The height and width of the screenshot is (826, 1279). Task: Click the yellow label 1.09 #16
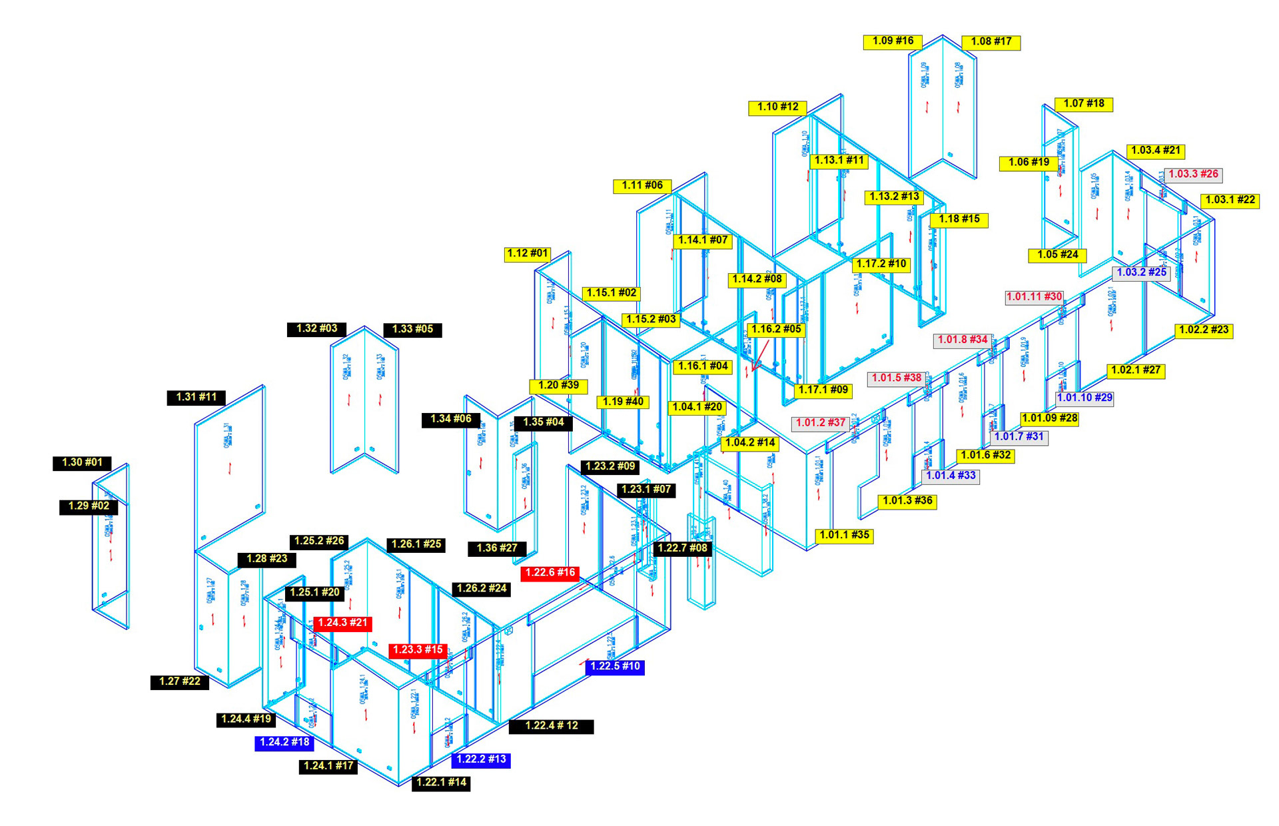pyautogui.click(x=893, y=41)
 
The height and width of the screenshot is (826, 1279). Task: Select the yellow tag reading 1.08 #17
pyautogui.click(x=991, y=42)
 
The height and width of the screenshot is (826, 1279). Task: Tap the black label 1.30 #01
pyautogui.click(x=82, y=463)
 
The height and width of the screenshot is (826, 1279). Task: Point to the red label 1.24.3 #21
pyautogui.click(x=342, y=623)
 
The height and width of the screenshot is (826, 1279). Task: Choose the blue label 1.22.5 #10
pyautogui.click(x=615, y=667)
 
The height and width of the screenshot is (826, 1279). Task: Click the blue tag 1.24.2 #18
pyautogui.click(x=284, y=743)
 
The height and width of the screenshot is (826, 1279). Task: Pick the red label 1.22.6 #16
pyautogui.click(x=550, y=573)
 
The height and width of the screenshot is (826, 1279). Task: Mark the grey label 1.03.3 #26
pyautogui.click(x=1193, y=175)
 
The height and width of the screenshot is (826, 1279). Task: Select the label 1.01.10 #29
pyautogui.click(x=1084, y=398)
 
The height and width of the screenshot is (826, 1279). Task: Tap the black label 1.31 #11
pyautogui.click(x=196, y=398)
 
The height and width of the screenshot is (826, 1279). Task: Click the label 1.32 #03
pyautogui.click(x=316, y=329)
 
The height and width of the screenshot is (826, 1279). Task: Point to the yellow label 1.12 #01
pyautogui.click(x=528, y=254)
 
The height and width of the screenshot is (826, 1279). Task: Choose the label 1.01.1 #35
pyautogui.click(x=844, y=536)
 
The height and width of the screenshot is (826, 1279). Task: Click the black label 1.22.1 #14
pyautogui.click(x=441, y=783)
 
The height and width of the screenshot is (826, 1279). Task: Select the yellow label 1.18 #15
pyautogui.click(x=959, y=220)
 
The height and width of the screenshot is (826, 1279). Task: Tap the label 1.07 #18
pyautogui.click(x=1084, y=104)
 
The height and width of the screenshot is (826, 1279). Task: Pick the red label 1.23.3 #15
pyautogui.click(x=418, y=650)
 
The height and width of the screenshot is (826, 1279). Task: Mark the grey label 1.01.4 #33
pyautogui.click(x=951, y=476)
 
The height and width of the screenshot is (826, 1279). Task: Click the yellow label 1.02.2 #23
pyautogui.click(x=1203, y=330)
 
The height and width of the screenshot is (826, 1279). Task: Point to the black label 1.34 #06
pyautogui.click(x=451, y=420)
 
